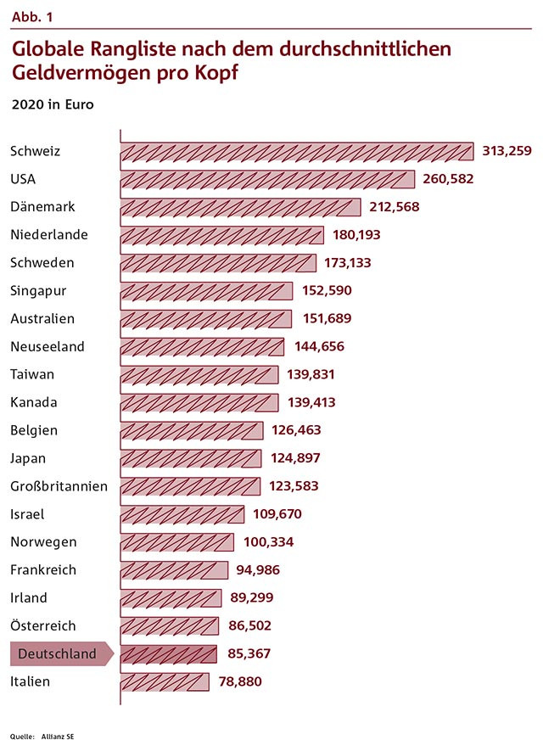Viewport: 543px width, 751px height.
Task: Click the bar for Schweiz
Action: tap(297, 152)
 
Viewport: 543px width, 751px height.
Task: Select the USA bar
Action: tap(267, 179)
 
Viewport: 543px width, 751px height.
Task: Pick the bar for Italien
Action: tap(165, 681)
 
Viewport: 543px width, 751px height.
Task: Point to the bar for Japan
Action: tap(191, 458)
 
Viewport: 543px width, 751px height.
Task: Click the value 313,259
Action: tap(507, 151)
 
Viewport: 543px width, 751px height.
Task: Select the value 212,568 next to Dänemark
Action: tap(395, 207)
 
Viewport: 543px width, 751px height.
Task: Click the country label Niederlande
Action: tap(49, 234)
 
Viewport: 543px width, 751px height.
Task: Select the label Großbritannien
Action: tap(59, 486)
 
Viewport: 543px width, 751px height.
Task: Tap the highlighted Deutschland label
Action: tap(58, 653)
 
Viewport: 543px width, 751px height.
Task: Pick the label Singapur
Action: tap(38, 291)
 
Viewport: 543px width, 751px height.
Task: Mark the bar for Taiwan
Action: tap(199, 374)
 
